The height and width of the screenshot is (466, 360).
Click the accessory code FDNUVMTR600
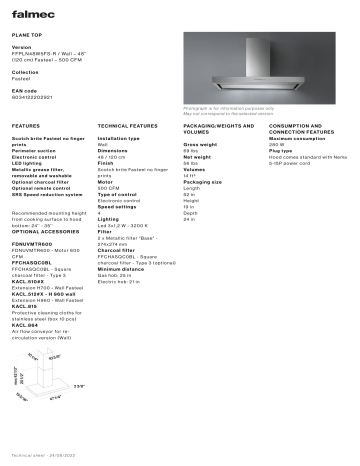(31, 244)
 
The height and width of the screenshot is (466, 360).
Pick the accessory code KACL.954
(26, 325)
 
